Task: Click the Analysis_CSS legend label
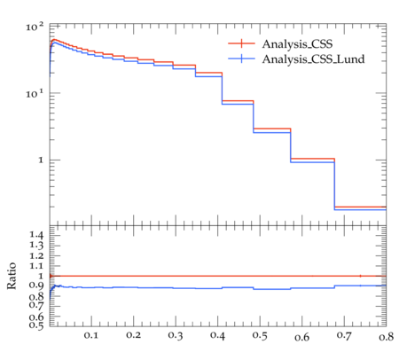tap(297, 44)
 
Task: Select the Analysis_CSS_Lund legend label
tap(313, 59)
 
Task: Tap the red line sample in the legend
tap(241, 43)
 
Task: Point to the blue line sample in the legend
tap(241, 59)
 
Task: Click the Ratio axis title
tap(12, 276)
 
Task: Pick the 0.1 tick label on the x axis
tap(91, 335)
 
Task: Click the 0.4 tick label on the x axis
tap(217, 335)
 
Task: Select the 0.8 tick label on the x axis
tap(387, 336)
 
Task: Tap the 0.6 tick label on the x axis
tap(301, 337)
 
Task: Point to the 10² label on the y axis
tap(35, 27)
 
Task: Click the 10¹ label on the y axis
tap(35, 94)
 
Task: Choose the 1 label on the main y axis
tap(41, 160)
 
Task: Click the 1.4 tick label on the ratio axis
tap(36, 235)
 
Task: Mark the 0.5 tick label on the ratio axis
tap(36, 325)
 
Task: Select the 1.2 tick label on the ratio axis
tap(36, 255)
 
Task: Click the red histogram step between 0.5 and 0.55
tap(272, 129)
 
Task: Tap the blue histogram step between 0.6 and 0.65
tap(312, 162)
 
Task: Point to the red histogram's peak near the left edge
tap(54, 39)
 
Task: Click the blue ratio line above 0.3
tap(176, 288)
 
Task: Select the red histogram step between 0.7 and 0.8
tap(360, 207)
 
